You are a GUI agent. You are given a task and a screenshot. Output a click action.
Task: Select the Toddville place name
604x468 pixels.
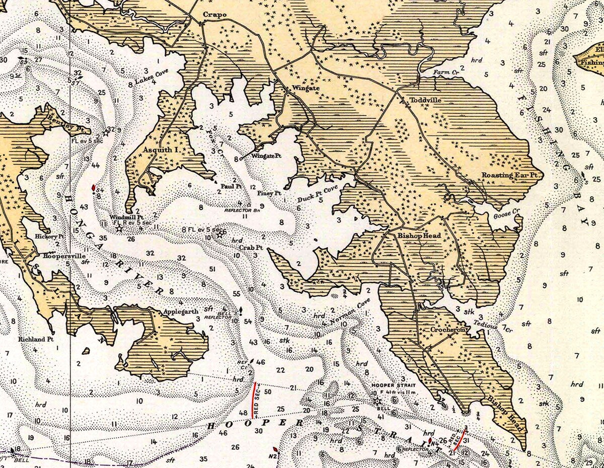coord(425,100)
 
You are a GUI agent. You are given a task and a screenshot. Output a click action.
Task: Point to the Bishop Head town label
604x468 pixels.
coord(419,235)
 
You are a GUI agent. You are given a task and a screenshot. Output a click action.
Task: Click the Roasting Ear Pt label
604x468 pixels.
coord(510,175)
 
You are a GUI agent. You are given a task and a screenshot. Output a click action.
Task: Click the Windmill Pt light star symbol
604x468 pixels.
coord(119,228)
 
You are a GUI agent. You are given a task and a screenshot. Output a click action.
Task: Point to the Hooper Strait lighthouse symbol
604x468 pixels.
coord(376,401)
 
